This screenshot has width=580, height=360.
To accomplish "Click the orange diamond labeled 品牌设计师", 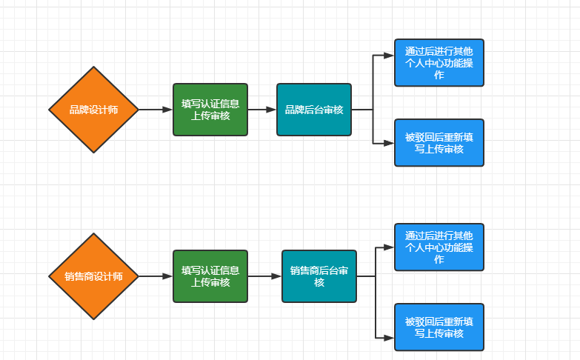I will pyautogui.click(x=94, y=110).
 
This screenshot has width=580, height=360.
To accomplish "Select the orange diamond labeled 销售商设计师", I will pyautogui.click(x=94, y=276).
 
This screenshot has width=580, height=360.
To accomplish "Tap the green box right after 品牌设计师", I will pyautogui.click(x=210, y=110).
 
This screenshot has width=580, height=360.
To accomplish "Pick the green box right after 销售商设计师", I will pyautogui.click(x=210, y=276).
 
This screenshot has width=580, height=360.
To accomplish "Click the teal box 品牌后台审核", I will pyautogui.click(x=314, y=110).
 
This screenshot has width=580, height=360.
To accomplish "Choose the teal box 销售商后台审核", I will pyautogui.click(x=319, y=276).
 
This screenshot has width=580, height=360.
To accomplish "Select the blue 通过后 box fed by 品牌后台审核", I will pyautogui.click(x=439, y=63).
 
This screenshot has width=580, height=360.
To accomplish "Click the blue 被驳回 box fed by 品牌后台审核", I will pyautogui.click(x=439, y=143).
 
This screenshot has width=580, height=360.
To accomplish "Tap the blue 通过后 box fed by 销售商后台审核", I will pyautogui.click(x=439, y=247).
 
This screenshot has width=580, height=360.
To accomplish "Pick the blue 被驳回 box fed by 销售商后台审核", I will pyautogui.click(x=439, y=327).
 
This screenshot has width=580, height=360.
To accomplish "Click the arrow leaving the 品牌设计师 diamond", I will pyautogui.click(x=156, y=110).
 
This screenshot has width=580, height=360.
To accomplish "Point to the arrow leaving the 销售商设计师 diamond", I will pyautogui.click(x=156, y=276).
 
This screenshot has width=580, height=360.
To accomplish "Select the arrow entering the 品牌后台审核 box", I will pyautogui.click(x=262, y=110).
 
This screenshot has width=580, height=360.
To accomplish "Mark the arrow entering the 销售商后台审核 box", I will pyautogui.click(x=265, y=276).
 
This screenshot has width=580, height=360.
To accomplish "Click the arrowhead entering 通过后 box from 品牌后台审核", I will pyautogui.click(x=390, y=56).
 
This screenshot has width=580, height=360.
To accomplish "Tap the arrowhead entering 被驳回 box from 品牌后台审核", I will pyautogui.click(x=390, y=143).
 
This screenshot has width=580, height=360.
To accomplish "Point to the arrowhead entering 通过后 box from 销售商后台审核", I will pyautogui.click(x=390, y=247).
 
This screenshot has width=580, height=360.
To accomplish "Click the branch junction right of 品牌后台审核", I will pyautogui.click(x=373, y=110).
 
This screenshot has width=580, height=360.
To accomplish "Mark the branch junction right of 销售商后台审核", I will pyautogui.click(x=376, y=276).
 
